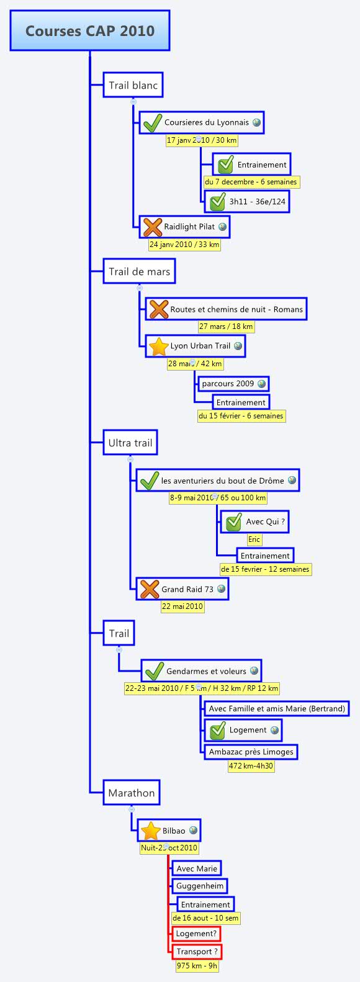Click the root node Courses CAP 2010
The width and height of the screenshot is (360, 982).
point(90,30)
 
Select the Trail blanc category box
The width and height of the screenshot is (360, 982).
point(133,85)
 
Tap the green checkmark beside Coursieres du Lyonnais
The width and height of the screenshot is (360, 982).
point(152,123)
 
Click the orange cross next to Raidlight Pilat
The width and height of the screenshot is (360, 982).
point(152,227)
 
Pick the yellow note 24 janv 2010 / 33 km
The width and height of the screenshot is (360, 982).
point(184,245)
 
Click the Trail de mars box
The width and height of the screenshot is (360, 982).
point(139,271)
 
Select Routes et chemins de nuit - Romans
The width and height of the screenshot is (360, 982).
point(236,309)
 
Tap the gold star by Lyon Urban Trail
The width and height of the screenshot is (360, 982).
point(159,346)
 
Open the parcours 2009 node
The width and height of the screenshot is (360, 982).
point(228,384)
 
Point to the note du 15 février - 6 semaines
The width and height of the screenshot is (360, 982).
point(241,416)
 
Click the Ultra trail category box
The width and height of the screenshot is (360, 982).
point(130,443)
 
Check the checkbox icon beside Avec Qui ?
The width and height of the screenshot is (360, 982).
point(233,522)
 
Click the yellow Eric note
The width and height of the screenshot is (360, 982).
point(254,539)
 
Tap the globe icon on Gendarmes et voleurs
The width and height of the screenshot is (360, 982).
point(254,671)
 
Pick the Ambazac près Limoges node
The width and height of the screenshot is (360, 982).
point(251,752)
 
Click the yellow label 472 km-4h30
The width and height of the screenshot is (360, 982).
point(251,766)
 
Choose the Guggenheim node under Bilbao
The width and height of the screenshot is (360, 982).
point(199,886)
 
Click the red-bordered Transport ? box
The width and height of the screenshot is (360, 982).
point(196,952)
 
